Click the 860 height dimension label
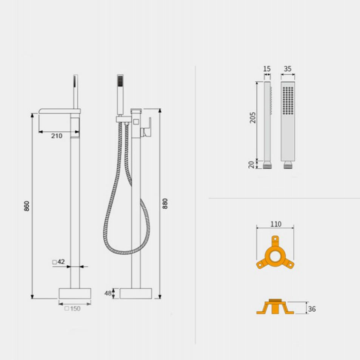point(27,206)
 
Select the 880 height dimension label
point(165,204)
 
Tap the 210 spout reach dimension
point(57,136)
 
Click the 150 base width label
point(72,308)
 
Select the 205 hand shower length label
point(253,118)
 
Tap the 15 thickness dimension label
point(267,69)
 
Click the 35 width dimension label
point(288,69)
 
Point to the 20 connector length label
point(252,164)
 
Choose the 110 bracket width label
point(275,224)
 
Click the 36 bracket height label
point(312,309)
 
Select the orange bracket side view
point(275,308)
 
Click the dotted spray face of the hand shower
point(288,100)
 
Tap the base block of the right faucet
point(136,293)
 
